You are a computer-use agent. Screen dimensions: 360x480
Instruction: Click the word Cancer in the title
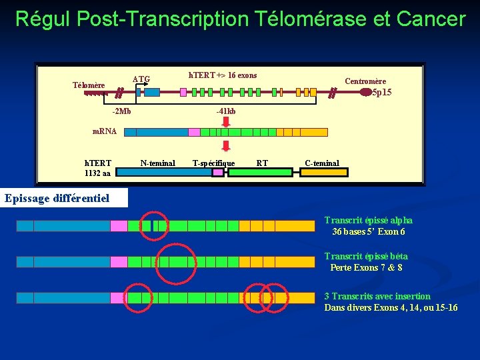[x=430, y=19]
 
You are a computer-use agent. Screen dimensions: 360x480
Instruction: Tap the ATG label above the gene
[x=141, y=79]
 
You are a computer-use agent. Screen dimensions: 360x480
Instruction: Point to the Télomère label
[x=89, y=85]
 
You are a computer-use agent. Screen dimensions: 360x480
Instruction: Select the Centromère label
[x=365, y=81]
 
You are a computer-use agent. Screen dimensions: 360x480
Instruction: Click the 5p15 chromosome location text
[x=382, y=93]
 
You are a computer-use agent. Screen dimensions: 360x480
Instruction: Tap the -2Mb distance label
[x=121, y=111]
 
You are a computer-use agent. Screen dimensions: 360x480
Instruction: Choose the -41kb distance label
[x=225, y=111]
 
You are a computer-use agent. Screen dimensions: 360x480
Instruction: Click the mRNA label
[x=104, y=131]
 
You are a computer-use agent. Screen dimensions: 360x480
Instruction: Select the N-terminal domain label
[x=158, y=163]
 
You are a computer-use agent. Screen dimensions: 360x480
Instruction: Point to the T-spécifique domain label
[x=213, y=163]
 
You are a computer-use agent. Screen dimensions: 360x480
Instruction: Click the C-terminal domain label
[x=322, y=163]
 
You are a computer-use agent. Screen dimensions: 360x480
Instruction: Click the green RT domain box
[x=260, y=173]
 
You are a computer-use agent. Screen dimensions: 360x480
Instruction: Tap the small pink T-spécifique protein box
[x=218, y=173]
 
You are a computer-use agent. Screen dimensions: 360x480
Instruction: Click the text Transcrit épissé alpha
[x=368, y=220]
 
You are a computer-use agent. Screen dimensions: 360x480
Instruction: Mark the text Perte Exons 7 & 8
[x=366, y=268]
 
